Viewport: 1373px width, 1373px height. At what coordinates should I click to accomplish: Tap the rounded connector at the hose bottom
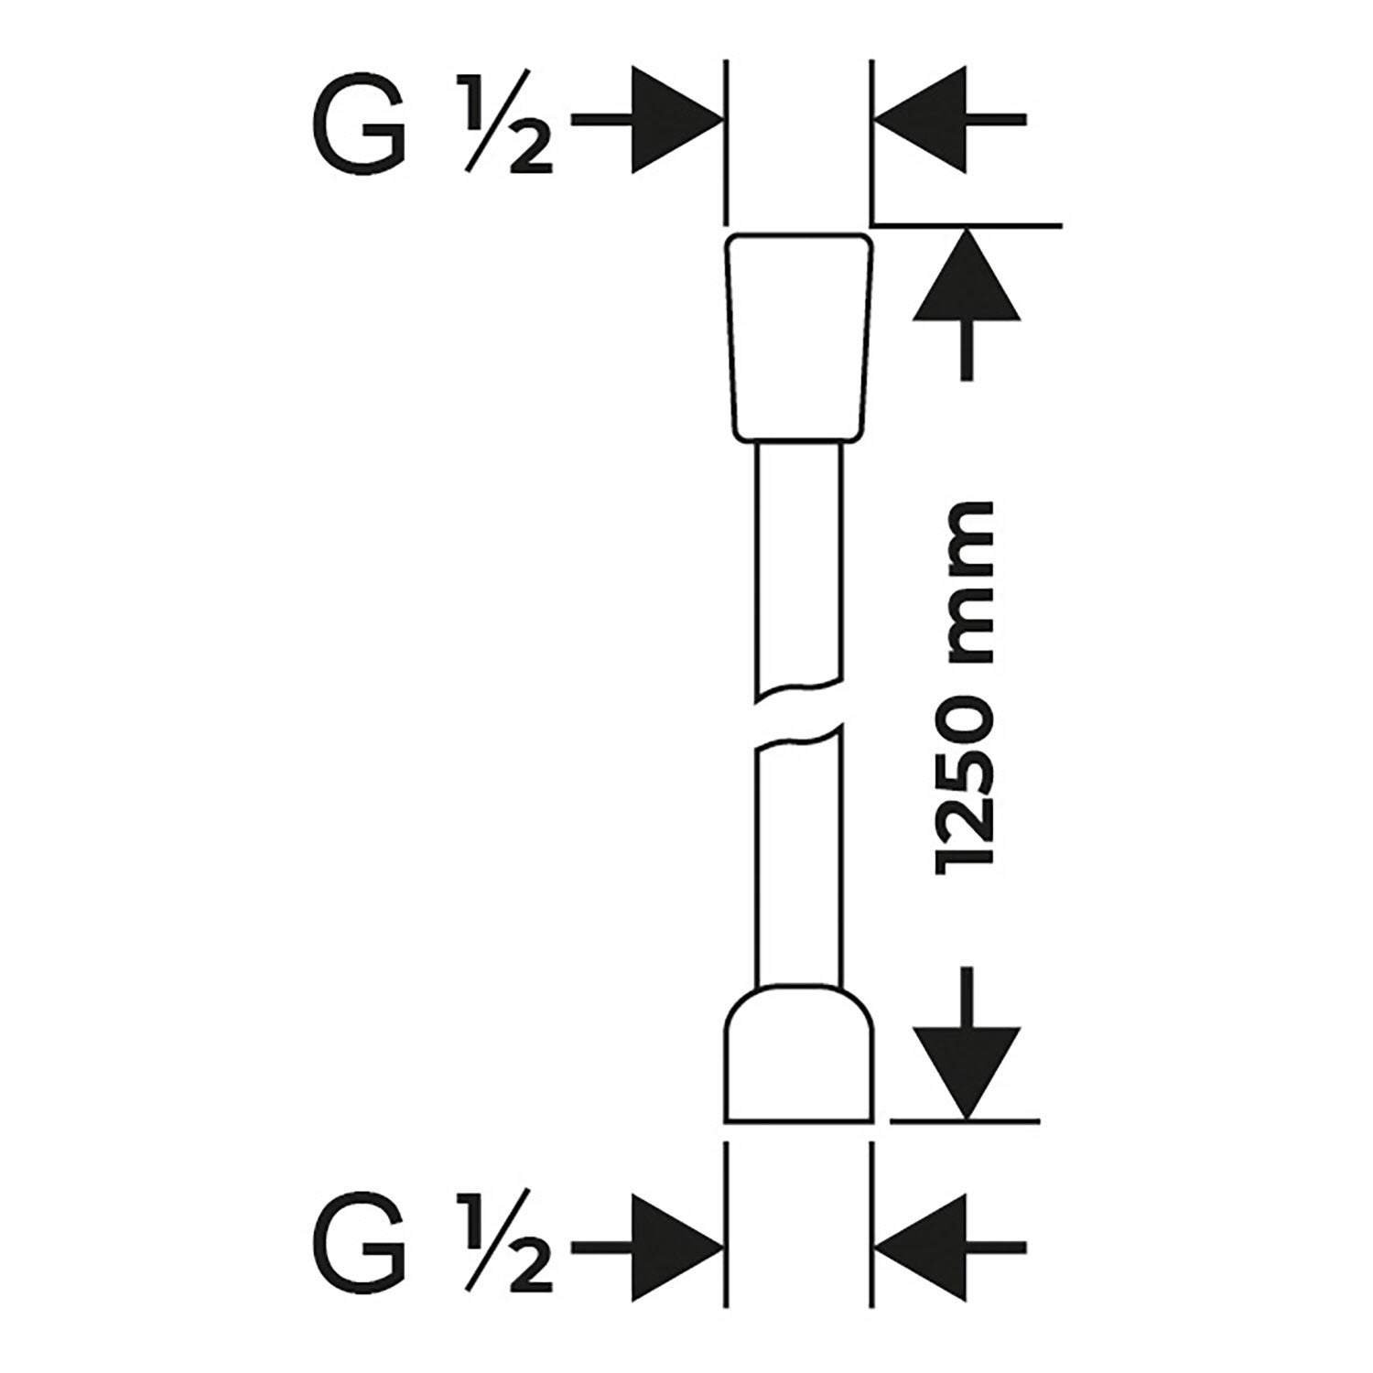point(798,1057)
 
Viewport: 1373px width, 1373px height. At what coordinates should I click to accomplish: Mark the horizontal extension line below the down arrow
point(966,1120)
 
